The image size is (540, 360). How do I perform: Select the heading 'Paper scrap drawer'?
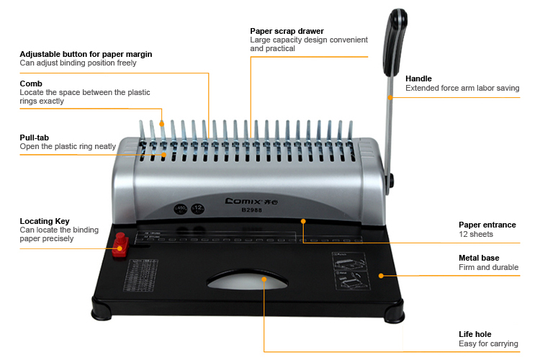(287, 31)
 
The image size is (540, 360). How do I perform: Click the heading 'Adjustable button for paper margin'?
(86, 54)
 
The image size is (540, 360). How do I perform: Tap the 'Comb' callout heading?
(31, 84)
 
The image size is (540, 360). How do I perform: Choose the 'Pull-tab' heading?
(35, 137)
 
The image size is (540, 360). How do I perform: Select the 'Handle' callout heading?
(419, 78)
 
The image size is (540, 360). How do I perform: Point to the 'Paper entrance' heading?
(487, 225)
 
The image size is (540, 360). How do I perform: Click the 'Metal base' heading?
(479, 258)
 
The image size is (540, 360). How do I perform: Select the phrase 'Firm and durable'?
(489, 268)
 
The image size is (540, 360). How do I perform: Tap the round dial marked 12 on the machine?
(197, 210)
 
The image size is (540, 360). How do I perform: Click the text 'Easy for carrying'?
(488, 344)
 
